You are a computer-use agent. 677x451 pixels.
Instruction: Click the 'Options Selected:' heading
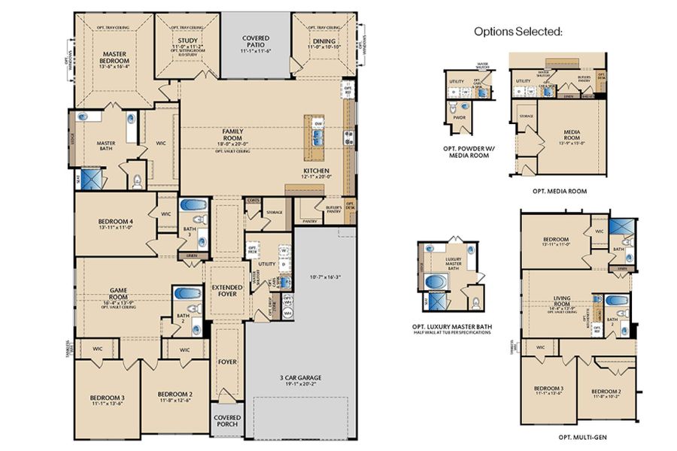518,32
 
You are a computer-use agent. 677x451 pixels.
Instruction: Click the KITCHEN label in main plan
316,171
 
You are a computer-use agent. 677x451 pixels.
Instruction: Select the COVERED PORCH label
226,420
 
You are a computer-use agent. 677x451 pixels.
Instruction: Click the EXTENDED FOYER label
226,291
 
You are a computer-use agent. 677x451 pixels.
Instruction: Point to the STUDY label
187,41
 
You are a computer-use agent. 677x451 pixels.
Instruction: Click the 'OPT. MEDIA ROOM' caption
559,191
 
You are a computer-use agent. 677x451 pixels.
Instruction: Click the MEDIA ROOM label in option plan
575,135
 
